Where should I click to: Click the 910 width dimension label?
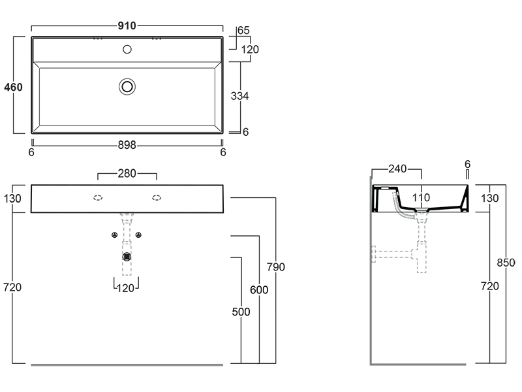[127, 25]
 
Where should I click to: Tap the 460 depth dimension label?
[13, 88]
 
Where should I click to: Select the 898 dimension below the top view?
[127, 145]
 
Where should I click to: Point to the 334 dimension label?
[239, 96]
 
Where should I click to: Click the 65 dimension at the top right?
[243, 30]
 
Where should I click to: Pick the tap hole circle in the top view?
[127, 50]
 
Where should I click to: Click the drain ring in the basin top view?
[127, 87]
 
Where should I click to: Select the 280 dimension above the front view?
[127, 173]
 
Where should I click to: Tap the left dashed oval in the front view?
[98, 198]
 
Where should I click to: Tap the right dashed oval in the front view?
[157, 198]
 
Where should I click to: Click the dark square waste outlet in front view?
[127, 257]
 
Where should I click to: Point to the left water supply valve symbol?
[115, 235]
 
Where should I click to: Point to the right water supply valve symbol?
[138, 235]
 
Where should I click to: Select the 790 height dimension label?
[276, 267]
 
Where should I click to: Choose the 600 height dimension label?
[259, 290]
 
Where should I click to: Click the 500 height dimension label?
[241, 312]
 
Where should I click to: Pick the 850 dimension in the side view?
[506, 263]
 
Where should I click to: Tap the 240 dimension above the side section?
[397, 169]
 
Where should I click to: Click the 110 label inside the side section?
[421, 198]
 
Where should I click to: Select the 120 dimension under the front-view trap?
[125, 288]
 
